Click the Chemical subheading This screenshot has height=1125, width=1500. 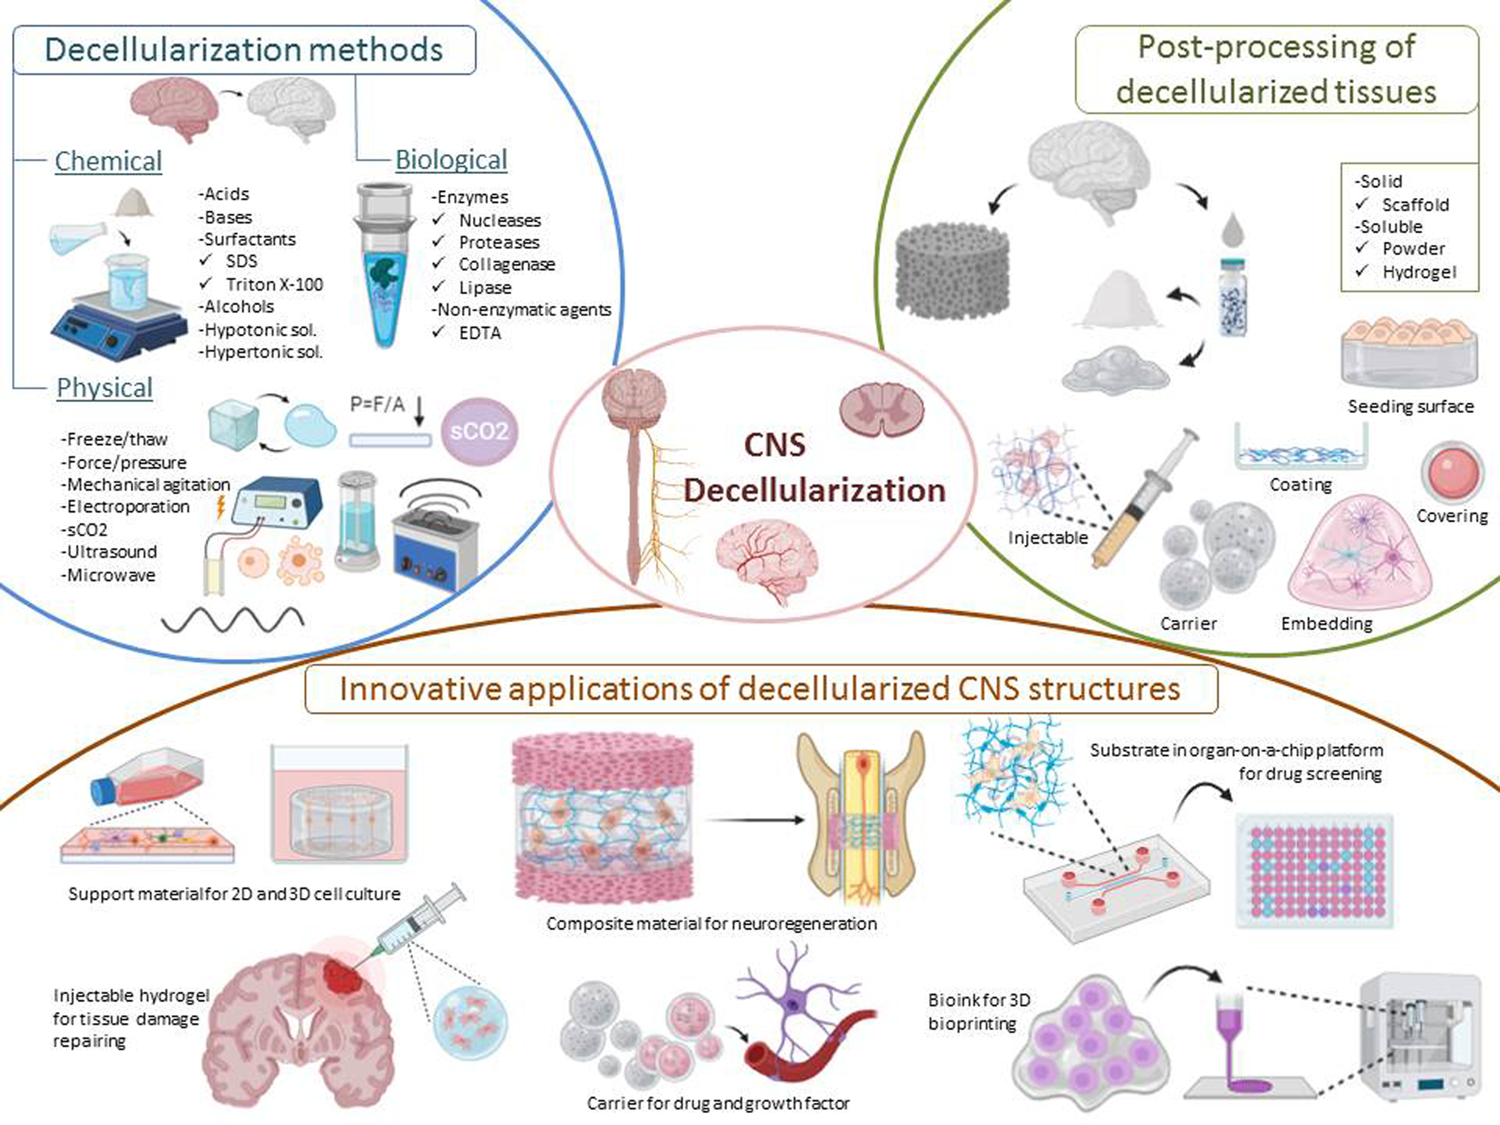[108, 161]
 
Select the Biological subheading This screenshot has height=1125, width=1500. [451, 160]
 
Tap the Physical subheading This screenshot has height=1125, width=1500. [105, 387]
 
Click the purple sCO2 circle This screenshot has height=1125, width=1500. [479, 431]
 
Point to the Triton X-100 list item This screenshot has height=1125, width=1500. [273, 284]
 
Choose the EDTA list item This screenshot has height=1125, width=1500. [479, 332]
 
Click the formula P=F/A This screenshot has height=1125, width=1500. [377, 404]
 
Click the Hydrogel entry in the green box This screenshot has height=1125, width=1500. [1418, 272]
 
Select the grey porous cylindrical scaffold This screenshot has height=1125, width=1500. [952, 270]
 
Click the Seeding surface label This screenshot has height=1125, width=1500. [1410, 406]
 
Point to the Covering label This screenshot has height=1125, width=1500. [1451, 516]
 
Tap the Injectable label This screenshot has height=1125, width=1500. [1047, 537]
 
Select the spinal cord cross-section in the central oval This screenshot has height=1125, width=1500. [881, 408]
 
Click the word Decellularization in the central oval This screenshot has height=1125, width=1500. [814, 490]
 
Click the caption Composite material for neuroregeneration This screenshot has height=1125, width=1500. [711, 924]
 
